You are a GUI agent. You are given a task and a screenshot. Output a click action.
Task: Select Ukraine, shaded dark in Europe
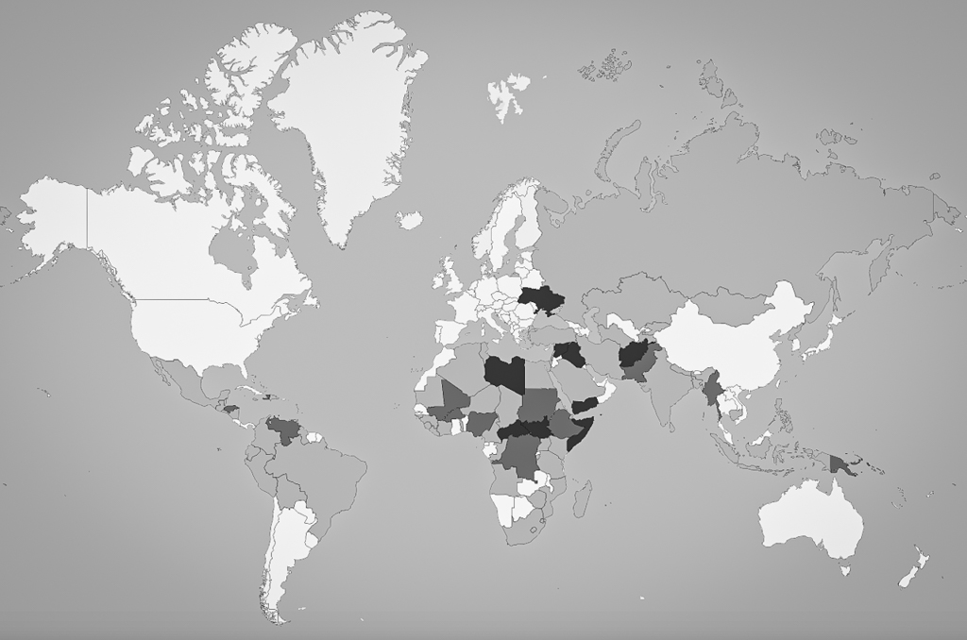(x=541, y=301)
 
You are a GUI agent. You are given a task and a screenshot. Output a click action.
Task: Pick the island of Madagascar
(x=584, y=497)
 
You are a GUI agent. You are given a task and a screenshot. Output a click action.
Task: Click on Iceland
(x=409, y=220)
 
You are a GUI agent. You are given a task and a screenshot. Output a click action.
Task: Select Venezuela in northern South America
(x=282, y=429)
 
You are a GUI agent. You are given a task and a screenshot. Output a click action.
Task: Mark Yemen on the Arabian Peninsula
(x=585, y=405)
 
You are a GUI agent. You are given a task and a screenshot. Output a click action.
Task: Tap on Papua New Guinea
(x=840, y=463)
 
